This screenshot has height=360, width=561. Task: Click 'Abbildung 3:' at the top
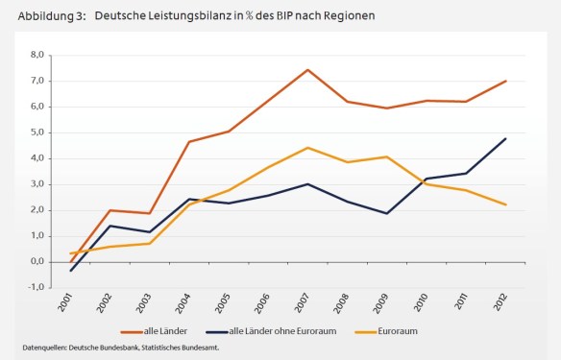pos(47,16)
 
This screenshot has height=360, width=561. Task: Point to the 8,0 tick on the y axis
pos(38,55)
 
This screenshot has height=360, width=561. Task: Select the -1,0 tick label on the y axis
pos(37,287)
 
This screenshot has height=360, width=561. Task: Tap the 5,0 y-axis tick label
pos(38,132)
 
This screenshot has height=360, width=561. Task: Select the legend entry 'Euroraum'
pos(391,331)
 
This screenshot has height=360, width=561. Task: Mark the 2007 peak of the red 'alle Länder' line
pos(307,70)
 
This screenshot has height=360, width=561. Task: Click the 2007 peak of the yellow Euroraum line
pos(307,147)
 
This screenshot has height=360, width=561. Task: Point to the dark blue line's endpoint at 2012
pos(505,138)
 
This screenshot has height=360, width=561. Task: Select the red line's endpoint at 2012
pos(505,82)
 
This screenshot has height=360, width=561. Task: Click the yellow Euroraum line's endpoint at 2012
pos(505,204)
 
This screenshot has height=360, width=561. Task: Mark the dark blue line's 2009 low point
pos(386,213)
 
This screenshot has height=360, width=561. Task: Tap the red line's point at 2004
pos(189,142)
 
